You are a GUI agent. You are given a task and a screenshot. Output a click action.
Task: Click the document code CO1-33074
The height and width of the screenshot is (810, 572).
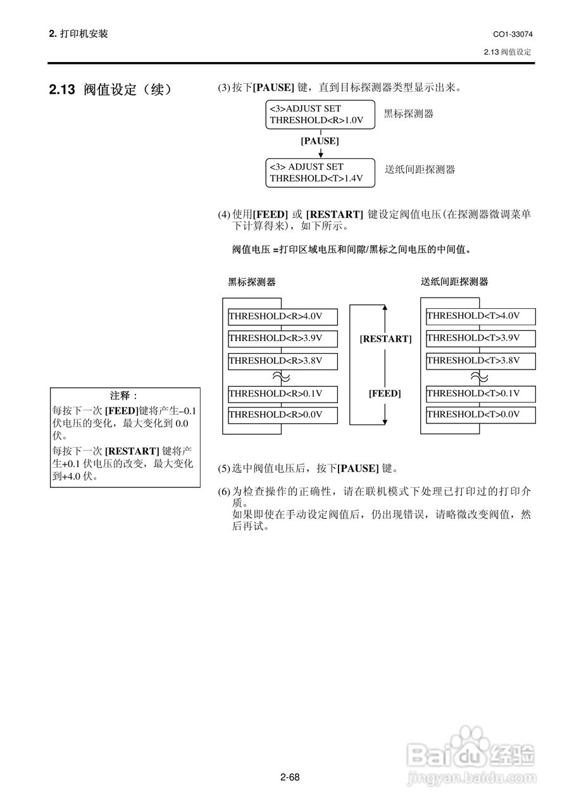tap(512, 34)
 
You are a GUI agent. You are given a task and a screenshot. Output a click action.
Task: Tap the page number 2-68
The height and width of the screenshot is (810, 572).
tap(289, 777)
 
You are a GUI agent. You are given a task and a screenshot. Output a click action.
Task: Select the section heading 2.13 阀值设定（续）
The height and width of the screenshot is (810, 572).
tap(111, 90)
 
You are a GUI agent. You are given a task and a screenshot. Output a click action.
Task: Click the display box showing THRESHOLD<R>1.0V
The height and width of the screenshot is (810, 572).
tap(320, 115)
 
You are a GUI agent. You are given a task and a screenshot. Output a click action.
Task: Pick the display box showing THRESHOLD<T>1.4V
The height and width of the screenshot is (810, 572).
tap(320, 173)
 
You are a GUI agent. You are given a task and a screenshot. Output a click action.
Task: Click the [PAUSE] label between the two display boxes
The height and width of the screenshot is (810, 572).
tap(320, 141)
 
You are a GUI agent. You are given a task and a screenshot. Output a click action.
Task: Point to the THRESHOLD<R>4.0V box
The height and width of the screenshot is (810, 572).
tap(283, 316)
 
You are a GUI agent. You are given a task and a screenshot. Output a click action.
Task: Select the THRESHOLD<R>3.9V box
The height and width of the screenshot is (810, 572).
tap(283, 339)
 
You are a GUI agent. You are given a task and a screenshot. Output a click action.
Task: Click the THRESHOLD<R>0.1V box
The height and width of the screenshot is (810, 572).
tap(283, 394)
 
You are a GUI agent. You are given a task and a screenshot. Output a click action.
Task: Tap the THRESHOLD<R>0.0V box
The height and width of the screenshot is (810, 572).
tap(283, 415)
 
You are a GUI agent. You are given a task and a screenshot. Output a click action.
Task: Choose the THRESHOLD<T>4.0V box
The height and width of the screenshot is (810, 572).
tap(480, 316)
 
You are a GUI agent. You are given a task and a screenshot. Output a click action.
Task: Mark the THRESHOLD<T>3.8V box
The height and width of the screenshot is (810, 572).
tap(480, 361)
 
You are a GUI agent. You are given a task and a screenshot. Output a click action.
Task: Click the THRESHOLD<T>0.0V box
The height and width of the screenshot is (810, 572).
tap(480, 415)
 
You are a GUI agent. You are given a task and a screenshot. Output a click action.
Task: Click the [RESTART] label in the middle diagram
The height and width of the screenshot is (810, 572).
tap(385, 339)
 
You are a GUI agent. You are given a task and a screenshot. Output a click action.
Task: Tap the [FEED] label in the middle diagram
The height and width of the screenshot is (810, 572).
tap(385, 394)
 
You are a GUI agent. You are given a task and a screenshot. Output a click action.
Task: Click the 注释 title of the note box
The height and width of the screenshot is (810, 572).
tap(124, 396)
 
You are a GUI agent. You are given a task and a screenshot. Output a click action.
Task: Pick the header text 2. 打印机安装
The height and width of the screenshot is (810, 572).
tap(78, 34)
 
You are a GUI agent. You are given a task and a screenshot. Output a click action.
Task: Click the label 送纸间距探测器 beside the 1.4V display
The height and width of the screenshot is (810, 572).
tap(420, 170)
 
